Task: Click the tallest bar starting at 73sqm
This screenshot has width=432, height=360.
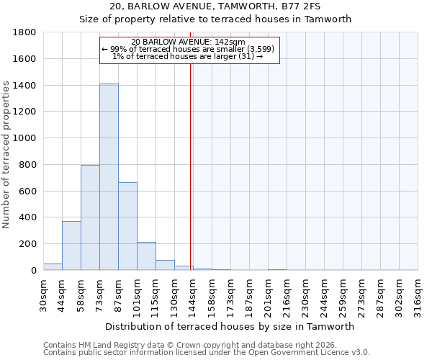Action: [x=109, y=177]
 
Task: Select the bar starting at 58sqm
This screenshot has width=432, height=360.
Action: [x=90, y=217]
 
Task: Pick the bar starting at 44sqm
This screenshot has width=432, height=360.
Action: [x=71, y=246]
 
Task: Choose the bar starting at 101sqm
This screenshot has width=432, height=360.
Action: [x=146, y=256]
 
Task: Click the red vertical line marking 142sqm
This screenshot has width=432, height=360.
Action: [x=191, y=158]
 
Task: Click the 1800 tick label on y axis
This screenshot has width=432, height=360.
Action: [x=25, y=32]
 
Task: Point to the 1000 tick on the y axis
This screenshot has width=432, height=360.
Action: [x=25, y=138]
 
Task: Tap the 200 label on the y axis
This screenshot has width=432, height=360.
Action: [x=28, y=244]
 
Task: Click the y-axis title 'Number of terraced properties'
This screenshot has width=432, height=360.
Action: [x=7, y=155]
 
